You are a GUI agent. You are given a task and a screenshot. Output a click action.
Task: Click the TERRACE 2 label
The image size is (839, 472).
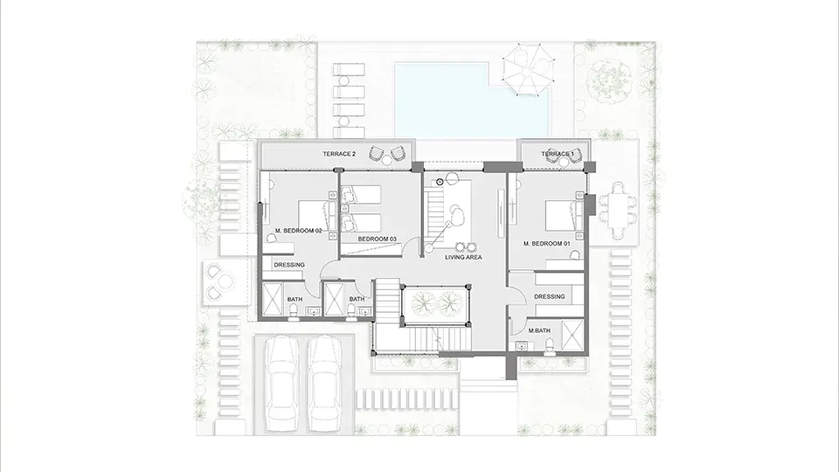coord(339,154)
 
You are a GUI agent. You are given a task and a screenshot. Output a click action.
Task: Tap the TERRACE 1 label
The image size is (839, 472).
coord(558,154)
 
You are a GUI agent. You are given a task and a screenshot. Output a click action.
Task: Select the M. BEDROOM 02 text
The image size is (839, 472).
coord(299,231)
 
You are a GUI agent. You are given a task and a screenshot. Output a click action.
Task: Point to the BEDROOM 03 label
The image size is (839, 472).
coord(378,239)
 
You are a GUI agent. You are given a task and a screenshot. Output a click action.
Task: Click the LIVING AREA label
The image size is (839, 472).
coord(463,257)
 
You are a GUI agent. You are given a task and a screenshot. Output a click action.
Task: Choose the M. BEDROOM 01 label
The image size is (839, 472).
coord(547,244)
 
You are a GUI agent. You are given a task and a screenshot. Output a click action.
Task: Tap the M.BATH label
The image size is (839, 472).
coord(539,330)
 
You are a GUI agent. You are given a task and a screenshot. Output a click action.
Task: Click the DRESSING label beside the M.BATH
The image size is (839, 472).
coord(550,296)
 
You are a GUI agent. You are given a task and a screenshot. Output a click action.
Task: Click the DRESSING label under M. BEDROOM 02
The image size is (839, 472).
coord(289,265)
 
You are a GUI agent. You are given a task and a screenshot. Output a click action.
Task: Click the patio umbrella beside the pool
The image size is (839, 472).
coord(526,70)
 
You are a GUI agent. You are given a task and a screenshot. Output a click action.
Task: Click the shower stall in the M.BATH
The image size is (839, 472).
coord(572,336)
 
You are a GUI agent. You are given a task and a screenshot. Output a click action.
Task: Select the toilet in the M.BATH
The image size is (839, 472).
coord(549,348)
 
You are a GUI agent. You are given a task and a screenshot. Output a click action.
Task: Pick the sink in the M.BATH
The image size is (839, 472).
coord(522,346)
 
